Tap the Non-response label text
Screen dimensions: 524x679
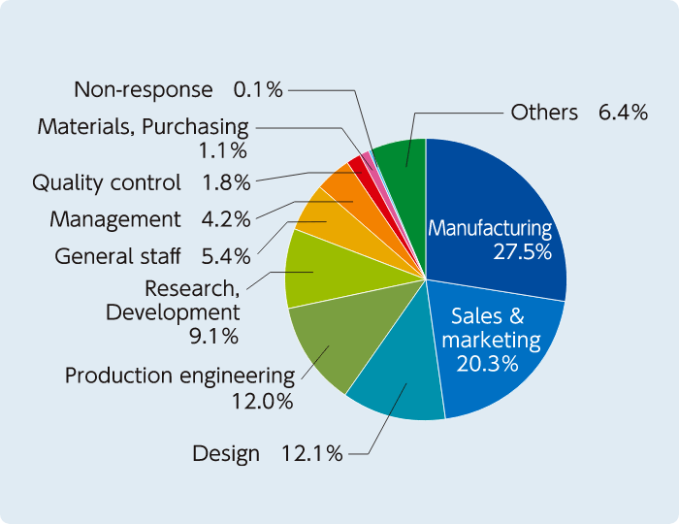tap(144, 90)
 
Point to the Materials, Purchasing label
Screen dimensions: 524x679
tap(143, 126)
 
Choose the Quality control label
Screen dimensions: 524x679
tap(107, 182)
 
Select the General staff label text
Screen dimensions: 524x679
tap(117, 256)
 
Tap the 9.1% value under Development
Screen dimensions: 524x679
tap(214, 337)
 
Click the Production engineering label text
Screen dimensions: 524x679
tap(179, 376)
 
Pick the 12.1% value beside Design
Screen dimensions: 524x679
tap(311, 453)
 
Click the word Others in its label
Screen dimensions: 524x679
tap(544, 113)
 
